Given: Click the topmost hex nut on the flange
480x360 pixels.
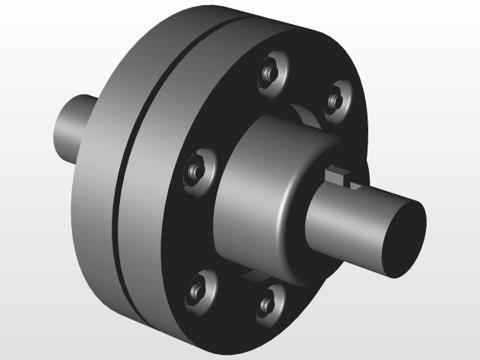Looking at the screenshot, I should point(272,70).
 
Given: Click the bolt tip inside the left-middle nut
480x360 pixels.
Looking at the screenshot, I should point(194,169).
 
